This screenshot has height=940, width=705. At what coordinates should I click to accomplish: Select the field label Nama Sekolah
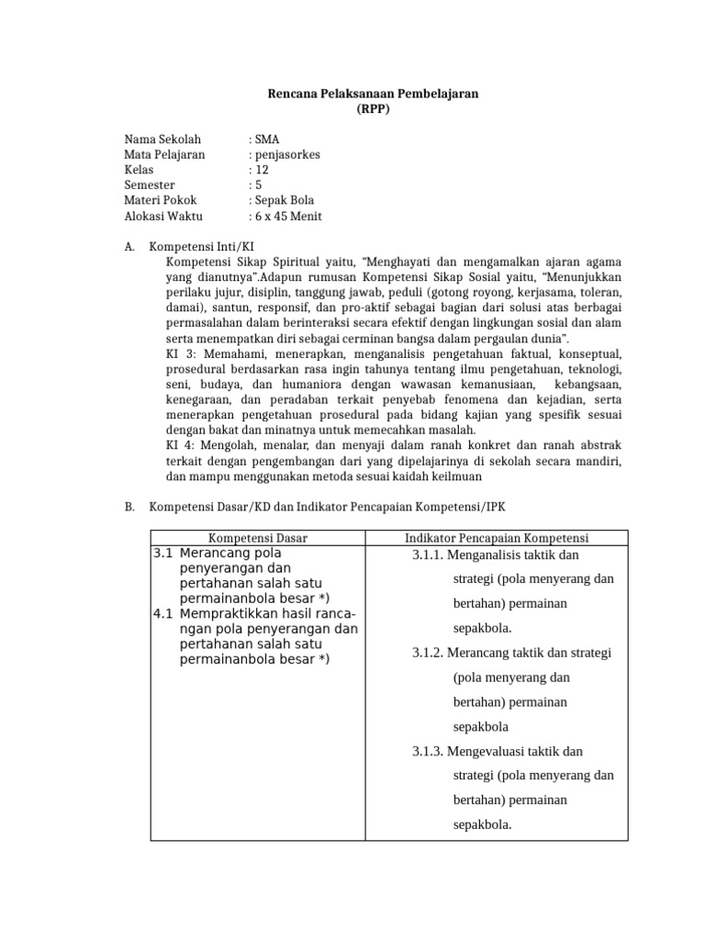tap(162, 140)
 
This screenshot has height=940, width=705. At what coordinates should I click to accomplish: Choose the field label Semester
tap(151, 185)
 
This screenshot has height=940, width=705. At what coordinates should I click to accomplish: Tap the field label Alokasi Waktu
tap(163, 217)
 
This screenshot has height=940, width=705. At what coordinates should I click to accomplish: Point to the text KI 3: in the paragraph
tap(180, 353)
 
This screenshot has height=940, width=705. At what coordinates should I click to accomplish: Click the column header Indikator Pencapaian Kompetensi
tap(497, 537)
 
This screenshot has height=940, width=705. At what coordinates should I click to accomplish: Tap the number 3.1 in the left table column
tap(163, 554)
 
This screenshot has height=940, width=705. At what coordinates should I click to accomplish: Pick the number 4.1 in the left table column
tap(163, 613)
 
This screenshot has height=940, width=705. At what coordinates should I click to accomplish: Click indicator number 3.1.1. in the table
tap(429, 554)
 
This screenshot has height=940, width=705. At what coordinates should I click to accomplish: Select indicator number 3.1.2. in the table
tap(429, 653)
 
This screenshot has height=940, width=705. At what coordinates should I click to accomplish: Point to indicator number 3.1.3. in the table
tap(429, 751)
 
